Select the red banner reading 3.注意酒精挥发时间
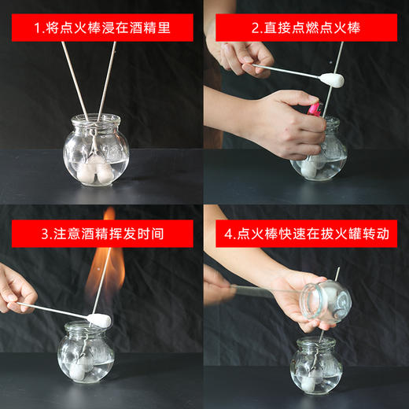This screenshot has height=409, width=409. pyautogui.click(x=102, y=233)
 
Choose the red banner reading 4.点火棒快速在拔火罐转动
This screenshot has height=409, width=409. pyautogui.click(x=307, y=233)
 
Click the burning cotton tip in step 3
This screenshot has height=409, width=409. pyautogui.click(x=100, y=320)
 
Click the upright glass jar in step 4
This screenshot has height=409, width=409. pyautogui.click(x=315, y=367)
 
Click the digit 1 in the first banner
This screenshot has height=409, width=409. pyautogui.click(x=37, y=28)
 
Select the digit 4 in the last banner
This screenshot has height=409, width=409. pyautogui.click(x=227, y=234)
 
